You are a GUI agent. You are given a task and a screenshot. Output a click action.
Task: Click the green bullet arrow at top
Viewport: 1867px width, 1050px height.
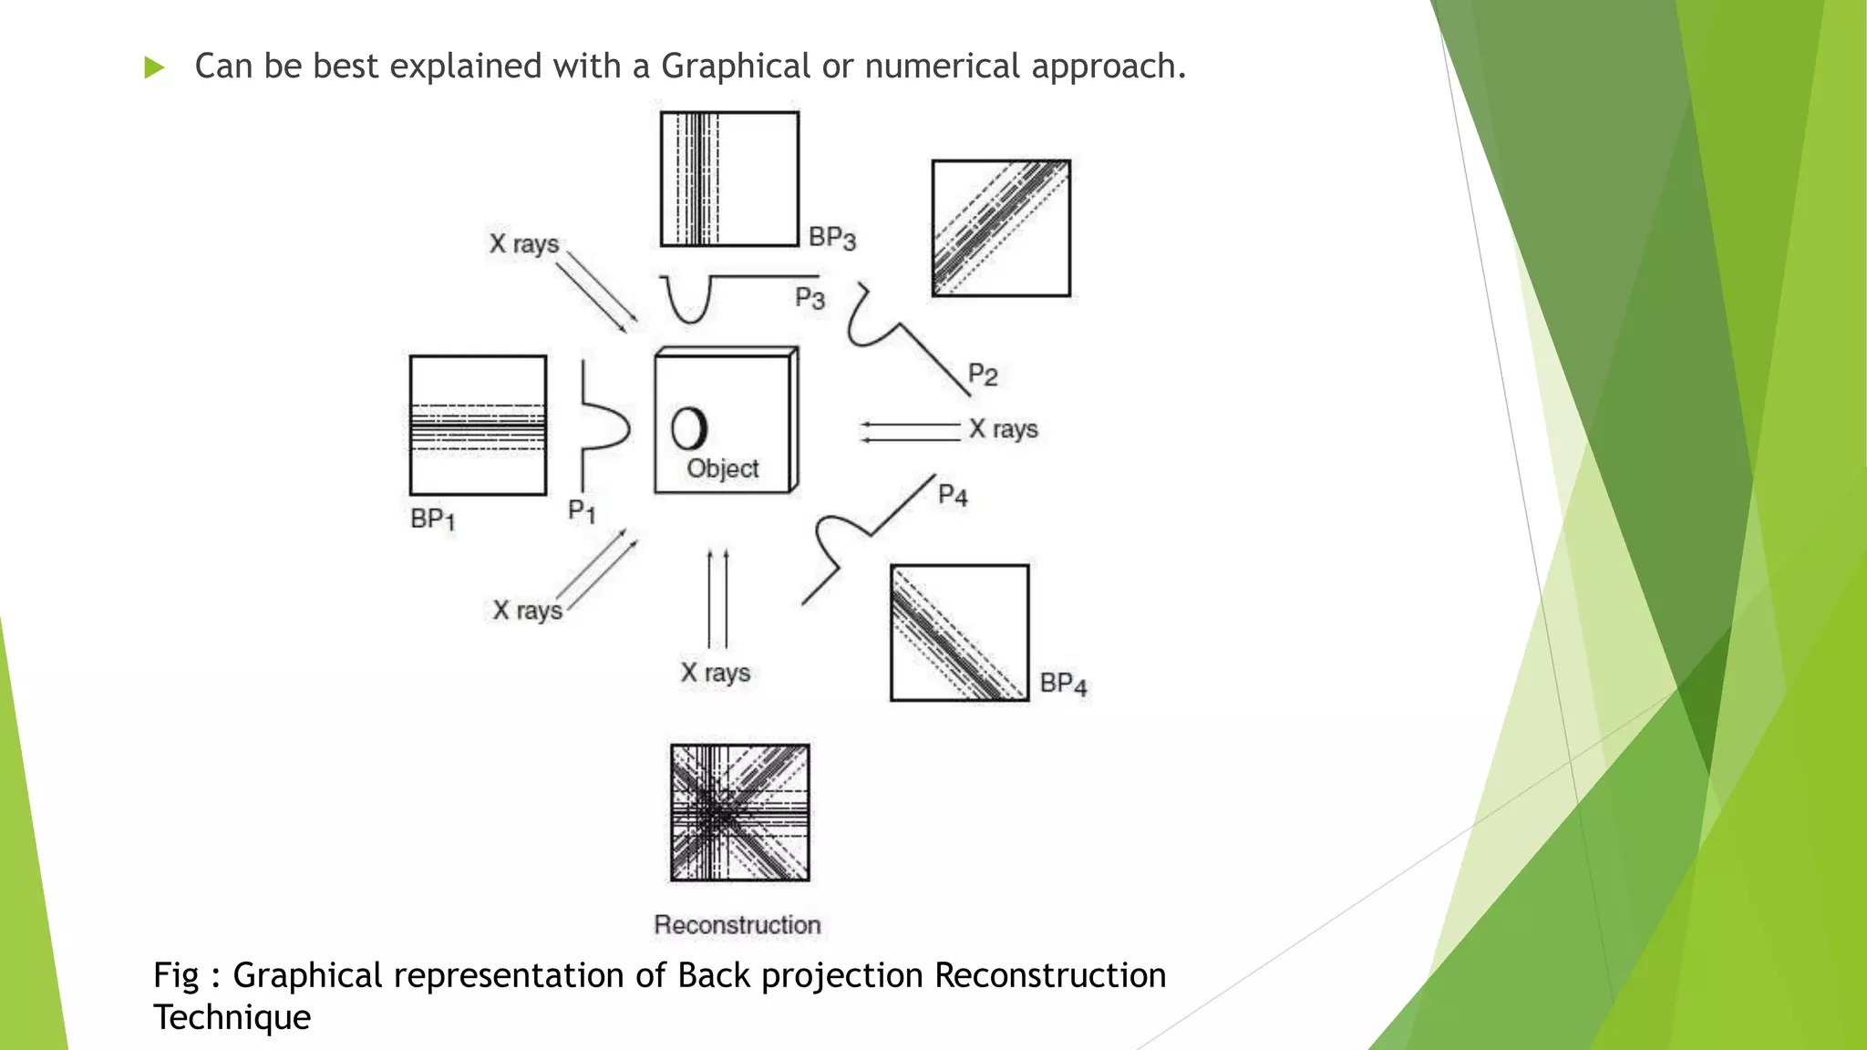154,67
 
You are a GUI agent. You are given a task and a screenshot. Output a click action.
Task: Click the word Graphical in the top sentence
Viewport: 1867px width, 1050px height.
735,67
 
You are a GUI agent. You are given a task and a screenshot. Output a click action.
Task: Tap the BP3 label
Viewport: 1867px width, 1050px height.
832,238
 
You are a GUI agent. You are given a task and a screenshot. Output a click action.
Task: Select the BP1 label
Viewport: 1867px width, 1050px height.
432,520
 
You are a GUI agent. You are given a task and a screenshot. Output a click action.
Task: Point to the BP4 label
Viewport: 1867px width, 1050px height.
1063,684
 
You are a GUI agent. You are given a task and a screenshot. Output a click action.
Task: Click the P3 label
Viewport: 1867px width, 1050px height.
810,298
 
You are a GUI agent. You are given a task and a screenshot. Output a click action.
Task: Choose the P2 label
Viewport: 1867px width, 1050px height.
983,375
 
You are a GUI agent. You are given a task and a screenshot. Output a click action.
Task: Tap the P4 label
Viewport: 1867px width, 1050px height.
953,495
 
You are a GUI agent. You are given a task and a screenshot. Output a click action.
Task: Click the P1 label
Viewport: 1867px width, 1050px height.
582,511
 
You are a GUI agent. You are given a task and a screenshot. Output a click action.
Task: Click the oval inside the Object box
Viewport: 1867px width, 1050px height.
689,427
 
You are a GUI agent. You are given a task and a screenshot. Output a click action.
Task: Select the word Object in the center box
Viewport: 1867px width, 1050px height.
722,468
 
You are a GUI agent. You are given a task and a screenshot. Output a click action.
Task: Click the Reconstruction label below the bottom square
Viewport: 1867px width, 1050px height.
737,925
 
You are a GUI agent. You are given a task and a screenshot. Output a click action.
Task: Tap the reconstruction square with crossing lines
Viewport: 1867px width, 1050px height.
739,813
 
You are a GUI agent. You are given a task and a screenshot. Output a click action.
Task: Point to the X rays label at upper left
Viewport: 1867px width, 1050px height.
524,244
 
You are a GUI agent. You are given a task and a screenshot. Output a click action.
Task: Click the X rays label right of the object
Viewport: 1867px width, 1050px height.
1003,429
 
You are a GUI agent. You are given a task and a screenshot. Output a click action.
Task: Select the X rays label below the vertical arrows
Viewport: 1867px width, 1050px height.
716,674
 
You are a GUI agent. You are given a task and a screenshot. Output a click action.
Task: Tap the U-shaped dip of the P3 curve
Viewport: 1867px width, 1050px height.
688,305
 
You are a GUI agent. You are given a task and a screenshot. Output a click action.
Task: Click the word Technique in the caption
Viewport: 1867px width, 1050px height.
232,1018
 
